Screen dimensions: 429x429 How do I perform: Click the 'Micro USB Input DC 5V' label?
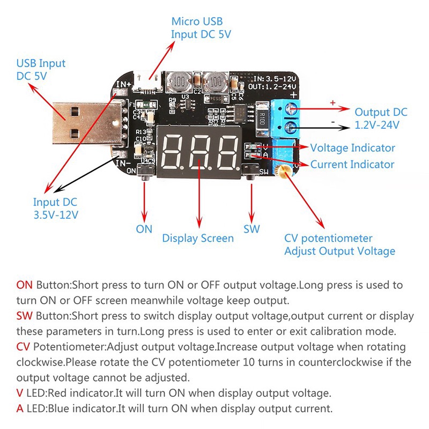click(197, 28)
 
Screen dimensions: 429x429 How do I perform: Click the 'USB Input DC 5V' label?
click(41, 70)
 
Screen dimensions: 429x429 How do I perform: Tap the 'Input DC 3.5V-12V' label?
click(56, 209)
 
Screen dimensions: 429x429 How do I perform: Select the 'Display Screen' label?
click(198, 238)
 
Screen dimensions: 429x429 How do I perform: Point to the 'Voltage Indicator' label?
click(352, 148)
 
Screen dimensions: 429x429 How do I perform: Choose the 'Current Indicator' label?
click(352, 165)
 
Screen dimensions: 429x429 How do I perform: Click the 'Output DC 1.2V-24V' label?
click(381, 119)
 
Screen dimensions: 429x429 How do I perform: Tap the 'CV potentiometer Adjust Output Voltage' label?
click(339, 245)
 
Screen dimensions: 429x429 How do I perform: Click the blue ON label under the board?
click(144, 229)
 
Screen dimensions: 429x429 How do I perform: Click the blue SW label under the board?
click(252, 229)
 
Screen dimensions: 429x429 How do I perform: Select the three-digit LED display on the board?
click(199, 151)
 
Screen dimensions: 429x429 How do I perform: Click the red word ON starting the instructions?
click(24, 285)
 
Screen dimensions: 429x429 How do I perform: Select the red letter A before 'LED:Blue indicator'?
click(20, 408)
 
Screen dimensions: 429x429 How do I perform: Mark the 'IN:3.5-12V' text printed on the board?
click(271, 78)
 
